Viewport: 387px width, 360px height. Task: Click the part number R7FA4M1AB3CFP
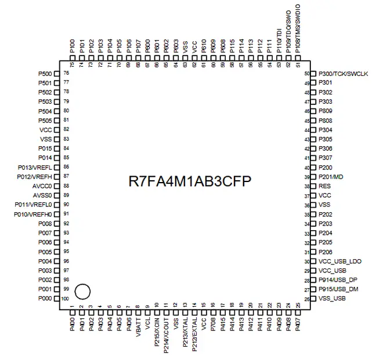(x=190, y=180)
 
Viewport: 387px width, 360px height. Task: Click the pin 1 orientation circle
(x=82, y=290)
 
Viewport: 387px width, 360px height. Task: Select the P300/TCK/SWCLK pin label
(x=343, y=74)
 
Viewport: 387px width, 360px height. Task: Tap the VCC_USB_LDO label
(x=340, y=261)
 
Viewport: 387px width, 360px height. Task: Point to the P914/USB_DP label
(x=338, y=280)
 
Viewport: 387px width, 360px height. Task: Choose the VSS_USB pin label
(x=332, y=299)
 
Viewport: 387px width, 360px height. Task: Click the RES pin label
(x=325, y=186)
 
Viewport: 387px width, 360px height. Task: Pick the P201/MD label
(x=331, y=177)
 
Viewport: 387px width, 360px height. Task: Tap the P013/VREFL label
(x=35, y=167)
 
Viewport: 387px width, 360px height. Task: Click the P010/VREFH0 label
(x=33, y=214)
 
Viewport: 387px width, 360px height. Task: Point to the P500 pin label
(x=45, y=74)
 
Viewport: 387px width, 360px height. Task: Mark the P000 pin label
(x=45, y=299)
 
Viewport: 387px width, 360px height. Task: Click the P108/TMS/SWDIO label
(x=298, y=30)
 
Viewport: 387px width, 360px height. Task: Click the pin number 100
(x=66, y=299)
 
